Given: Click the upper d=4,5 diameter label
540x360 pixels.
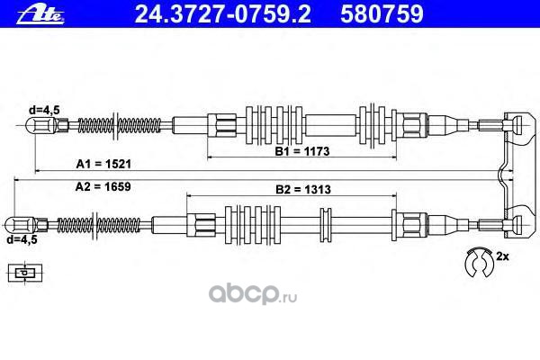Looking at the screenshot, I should pyautogui.click(x=42, y=109).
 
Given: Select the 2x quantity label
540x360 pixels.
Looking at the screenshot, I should pyautogui.click(x=502, y=257).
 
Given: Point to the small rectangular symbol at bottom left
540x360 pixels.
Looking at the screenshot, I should pyautogui.click(x=25, y=271).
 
